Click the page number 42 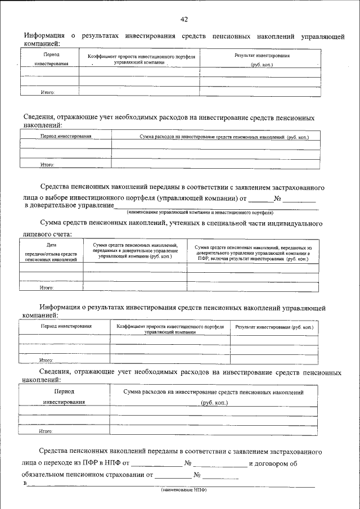(x=184, y=20)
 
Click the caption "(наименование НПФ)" (x=187, y=489)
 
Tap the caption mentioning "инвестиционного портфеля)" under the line (x=200, y=213)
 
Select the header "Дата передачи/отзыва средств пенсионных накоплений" (x=51, y=253)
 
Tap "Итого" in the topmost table (x=48, y=92)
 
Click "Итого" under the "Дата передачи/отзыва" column (x=46, y=287)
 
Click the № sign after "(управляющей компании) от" (x=277, y=198)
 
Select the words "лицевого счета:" (x=47, y=234)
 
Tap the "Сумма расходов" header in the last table (x=214, y=397)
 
